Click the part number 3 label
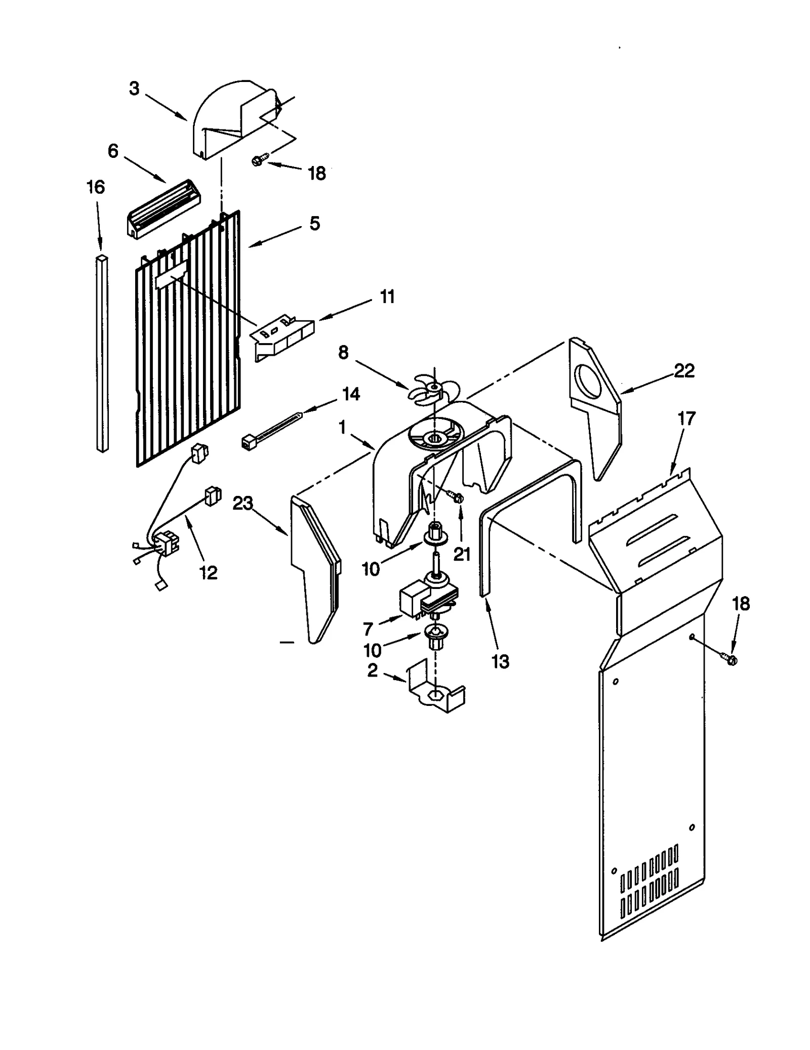point(134,89)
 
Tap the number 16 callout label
point(95,187)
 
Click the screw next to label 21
point(457,497)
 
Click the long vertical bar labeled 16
point(103,354)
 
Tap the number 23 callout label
point(242,503)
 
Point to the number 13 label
point(500,661)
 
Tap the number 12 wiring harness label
point(208,572)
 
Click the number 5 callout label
point(314,223)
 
